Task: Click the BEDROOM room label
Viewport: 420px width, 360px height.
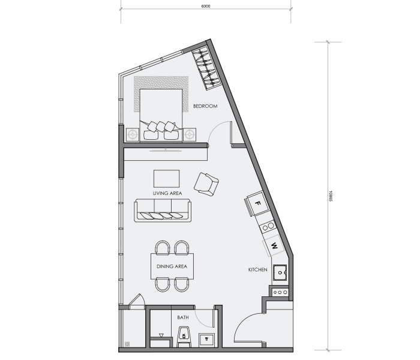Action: coord(205,106)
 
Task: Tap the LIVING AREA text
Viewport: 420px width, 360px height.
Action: coord(167,193)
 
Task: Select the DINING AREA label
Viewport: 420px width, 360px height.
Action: coord(172,266)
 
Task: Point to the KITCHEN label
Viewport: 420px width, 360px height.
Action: coord(257,269)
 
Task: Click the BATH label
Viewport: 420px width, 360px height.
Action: coord(183,317)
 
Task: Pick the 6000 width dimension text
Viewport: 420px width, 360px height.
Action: coord(206,6)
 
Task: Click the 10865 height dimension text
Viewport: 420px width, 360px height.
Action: coord(330,196)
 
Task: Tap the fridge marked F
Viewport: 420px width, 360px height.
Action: coord(257,203)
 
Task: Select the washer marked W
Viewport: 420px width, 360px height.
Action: coord(274,245)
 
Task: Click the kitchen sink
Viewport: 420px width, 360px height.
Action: coord(280,272)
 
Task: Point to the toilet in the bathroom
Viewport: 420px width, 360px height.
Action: coord(184,337)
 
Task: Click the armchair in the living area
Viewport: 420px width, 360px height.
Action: coord(206,184)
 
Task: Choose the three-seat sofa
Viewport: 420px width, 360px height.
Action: coord(163,210)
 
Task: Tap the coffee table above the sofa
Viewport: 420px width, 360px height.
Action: coord(166,179)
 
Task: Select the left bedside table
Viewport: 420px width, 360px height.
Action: coord(133,134)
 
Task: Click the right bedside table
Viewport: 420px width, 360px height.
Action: coord(190,134)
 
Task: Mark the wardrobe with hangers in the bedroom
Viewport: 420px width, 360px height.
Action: coord(206,68)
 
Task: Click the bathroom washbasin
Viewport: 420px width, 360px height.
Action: coord(206,340)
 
